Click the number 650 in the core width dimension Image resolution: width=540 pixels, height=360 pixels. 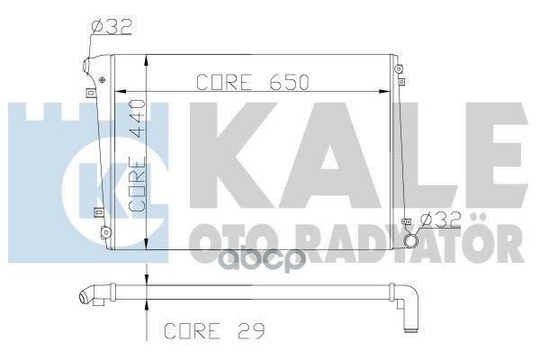pyautogui.click(x=290, y=82)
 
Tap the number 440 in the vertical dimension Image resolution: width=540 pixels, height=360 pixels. pyautogui.click(x=137, y=118)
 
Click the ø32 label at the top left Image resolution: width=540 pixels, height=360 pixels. pyautogui.click(x=112, y=27)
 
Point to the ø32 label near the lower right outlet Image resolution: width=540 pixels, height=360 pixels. pyautogui.click(x=441, y=220)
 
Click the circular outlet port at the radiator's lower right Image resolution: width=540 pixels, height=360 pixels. pyautogui.click(x=410, y=240)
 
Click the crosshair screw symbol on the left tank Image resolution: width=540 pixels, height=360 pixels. pyautogui.click(x=102, y=80)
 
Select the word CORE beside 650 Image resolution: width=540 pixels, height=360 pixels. pyautogui.click(x=223, y=82)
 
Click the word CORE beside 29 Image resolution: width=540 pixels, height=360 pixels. pyautogui.click(x=192, y=330)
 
